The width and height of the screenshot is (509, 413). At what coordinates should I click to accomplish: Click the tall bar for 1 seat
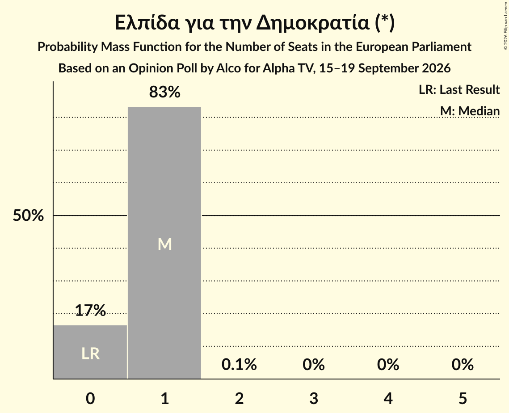[x=164, y=243]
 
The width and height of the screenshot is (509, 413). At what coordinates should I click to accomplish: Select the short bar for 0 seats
[x=90, y=352]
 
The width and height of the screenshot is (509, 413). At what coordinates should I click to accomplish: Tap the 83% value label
[x=164, y=92]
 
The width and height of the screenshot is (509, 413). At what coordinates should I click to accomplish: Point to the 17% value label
[x=90, y=310]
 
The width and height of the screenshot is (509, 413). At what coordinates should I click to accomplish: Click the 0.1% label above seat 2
[x=239, y=364]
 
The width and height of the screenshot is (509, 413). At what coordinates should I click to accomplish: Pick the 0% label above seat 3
[x=314, y=364]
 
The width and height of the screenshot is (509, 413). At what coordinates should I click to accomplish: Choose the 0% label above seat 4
[x=388, y=364]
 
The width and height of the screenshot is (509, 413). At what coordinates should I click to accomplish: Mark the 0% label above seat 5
[x=463, y=364]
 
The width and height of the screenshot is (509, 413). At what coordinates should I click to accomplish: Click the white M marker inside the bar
[x=164, y=244]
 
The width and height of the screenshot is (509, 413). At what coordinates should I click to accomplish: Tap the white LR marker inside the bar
[x=90, y=354]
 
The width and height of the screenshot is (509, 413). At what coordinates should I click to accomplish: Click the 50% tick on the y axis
[x=28, y=215]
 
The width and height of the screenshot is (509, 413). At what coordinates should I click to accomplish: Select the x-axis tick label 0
[x=90, y=398]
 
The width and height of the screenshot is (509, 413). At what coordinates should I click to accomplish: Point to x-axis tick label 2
[x=239, y=398]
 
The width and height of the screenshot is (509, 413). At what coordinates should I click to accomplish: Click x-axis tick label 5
[x=463, y=398]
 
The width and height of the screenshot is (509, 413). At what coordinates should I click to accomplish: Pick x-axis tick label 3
[x=314, y=398]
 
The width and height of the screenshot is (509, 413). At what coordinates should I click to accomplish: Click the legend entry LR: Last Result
[x=459, y=89]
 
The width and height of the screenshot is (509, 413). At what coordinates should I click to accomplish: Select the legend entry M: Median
[x=470, y=111]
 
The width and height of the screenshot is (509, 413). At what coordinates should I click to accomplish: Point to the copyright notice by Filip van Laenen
[x=505, y=26]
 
